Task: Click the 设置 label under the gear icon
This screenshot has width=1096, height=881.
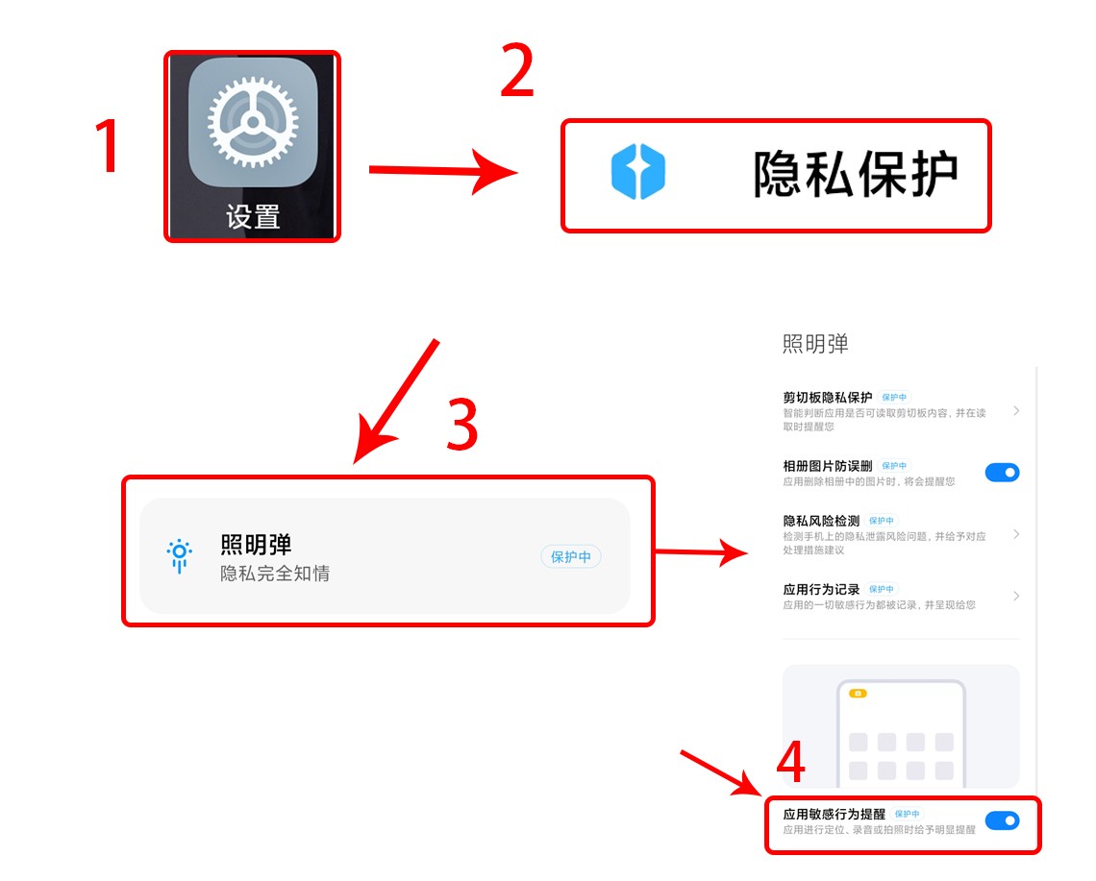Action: (x=253, y=216)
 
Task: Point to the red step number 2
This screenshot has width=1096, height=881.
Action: (x=517, y=72)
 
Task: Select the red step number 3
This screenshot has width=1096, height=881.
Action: (x=462, y=425)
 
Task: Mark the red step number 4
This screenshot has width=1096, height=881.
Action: (x=789, y=764)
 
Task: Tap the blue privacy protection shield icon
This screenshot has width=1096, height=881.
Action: (x=638, y=173)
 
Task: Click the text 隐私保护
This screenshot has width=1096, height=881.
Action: (x=856, y=174)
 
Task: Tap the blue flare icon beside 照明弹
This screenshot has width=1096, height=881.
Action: (x=179, y=554)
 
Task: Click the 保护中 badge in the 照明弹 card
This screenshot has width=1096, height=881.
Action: (x=571, y=557)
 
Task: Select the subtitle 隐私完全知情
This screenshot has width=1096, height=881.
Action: (x=275, y=574)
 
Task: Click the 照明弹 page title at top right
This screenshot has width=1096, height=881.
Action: (x=815, y=344)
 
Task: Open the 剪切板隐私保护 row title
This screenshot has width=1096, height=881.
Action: (x=828, y=397)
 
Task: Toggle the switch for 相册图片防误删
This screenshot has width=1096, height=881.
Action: (x=1002, y=472)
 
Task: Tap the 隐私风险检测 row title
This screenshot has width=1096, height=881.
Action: (x=821, y=521)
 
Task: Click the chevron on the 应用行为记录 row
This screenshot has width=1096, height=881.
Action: (x=1016, y=597)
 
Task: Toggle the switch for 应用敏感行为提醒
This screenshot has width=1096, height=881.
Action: (x=1002, y=820)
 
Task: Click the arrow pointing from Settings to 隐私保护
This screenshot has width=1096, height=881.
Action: (x=442, y=172)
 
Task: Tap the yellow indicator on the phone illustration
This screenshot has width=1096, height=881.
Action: (x=858, y=693)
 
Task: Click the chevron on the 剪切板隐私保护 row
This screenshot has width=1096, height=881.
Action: (x=1016, y=411)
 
